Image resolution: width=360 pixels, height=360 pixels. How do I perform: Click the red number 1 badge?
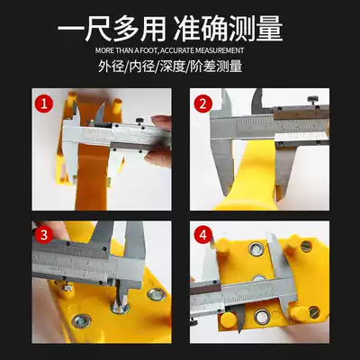coord(44,104)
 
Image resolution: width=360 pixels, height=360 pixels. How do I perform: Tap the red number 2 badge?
coord(202,104)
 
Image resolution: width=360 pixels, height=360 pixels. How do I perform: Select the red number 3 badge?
coord(44,235)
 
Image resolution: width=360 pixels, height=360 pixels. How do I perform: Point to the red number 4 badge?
coord(203,235)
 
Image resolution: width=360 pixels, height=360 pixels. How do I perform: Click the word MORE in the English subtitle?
coord(103,50)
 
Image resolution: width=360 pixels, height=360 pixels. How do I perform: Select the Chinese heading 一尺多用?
coord(112,29)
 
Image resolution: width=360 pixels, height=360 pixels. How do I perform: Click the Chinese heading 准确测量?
coord(229,29)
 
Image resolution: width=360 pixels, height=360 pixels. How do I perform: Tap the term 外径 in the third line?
coord(111,67)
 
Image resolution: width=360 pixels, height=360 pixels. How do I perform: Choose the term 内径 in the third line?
coord(141,67)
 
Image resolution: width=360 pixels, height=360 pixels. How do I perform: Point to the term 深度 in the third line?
coord(172,67)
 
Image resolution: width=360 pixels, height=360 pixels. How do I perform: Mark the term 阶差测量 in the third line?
coord(216,67)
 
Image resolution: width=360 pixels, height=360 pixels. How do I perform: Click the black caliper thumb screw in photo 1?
coord(139,121)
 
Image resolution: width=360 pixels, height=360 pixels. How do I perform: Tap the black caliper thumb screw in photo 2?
coord(313,100)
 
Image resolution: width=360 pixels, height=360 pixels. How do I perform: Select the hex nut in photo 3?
coord(67,287)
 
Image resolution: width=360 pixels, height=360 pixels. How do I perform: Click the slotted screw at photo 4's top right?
coord(306,247)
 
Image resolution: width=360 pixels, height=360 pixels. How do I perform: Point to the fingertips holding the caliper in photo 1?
coord(158,139)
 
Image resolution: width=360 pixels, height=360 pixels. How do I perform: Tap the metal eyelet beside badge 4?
coord(256,249)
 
